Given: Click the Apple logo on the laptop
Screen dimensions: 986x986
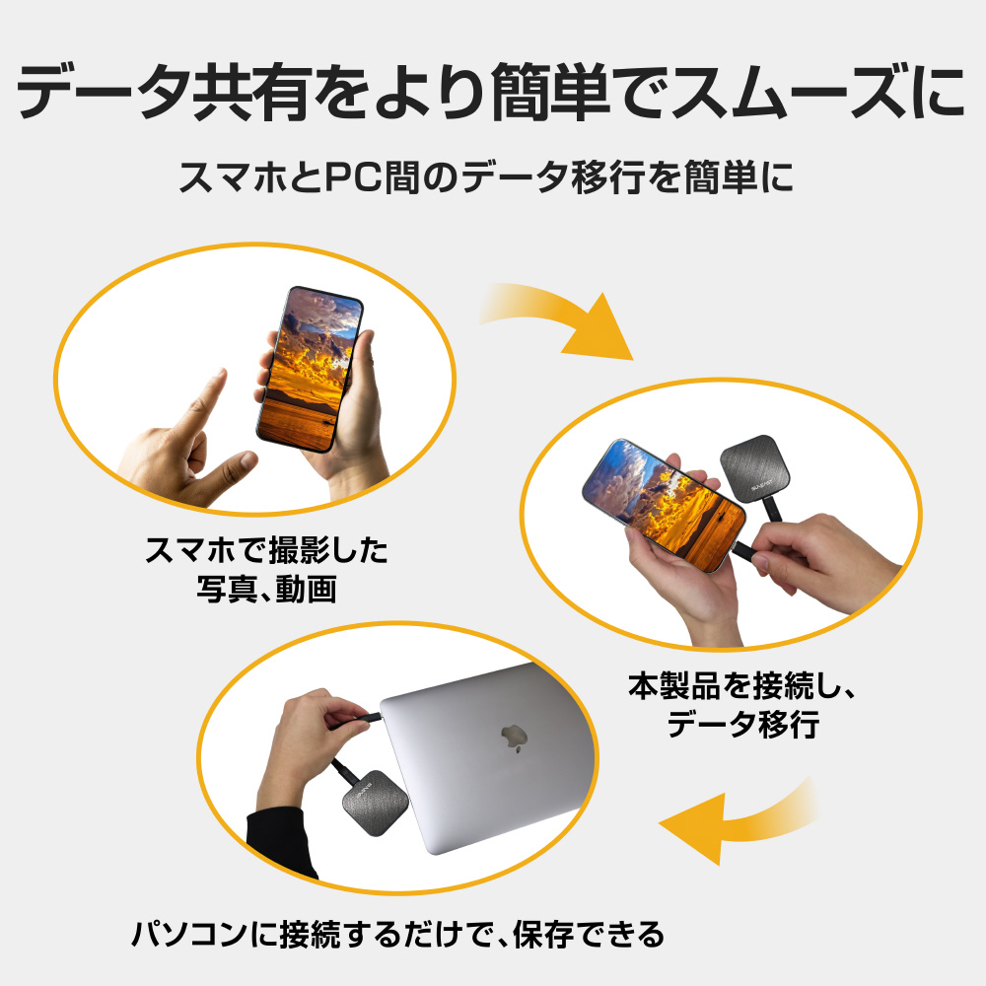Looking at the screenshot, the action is pyautogui.click(x=514, y=738).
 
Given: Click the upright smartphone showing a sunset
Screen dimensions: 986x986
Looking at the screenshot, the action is pyautogui.click(x=310, y=369).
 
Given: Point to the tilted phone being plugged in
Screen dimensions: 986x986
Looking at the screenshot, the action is pyautogui.click(x=664, y=504).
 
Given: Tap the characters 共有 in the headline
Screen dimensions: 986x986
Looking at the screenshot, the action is pyautogui.click(x=252, y=91).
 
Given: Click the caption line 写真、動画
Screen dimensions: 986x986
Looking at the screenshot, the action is pyautogui.click(x=266, y=590).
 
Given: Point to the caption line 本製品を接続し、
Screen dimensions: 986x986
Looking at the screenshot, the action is pyautogui.click(x=742, y=685).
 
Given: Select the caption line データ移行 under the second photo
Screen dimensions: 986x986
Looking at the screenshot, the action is pyautogui.click(x=742, y=725).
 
